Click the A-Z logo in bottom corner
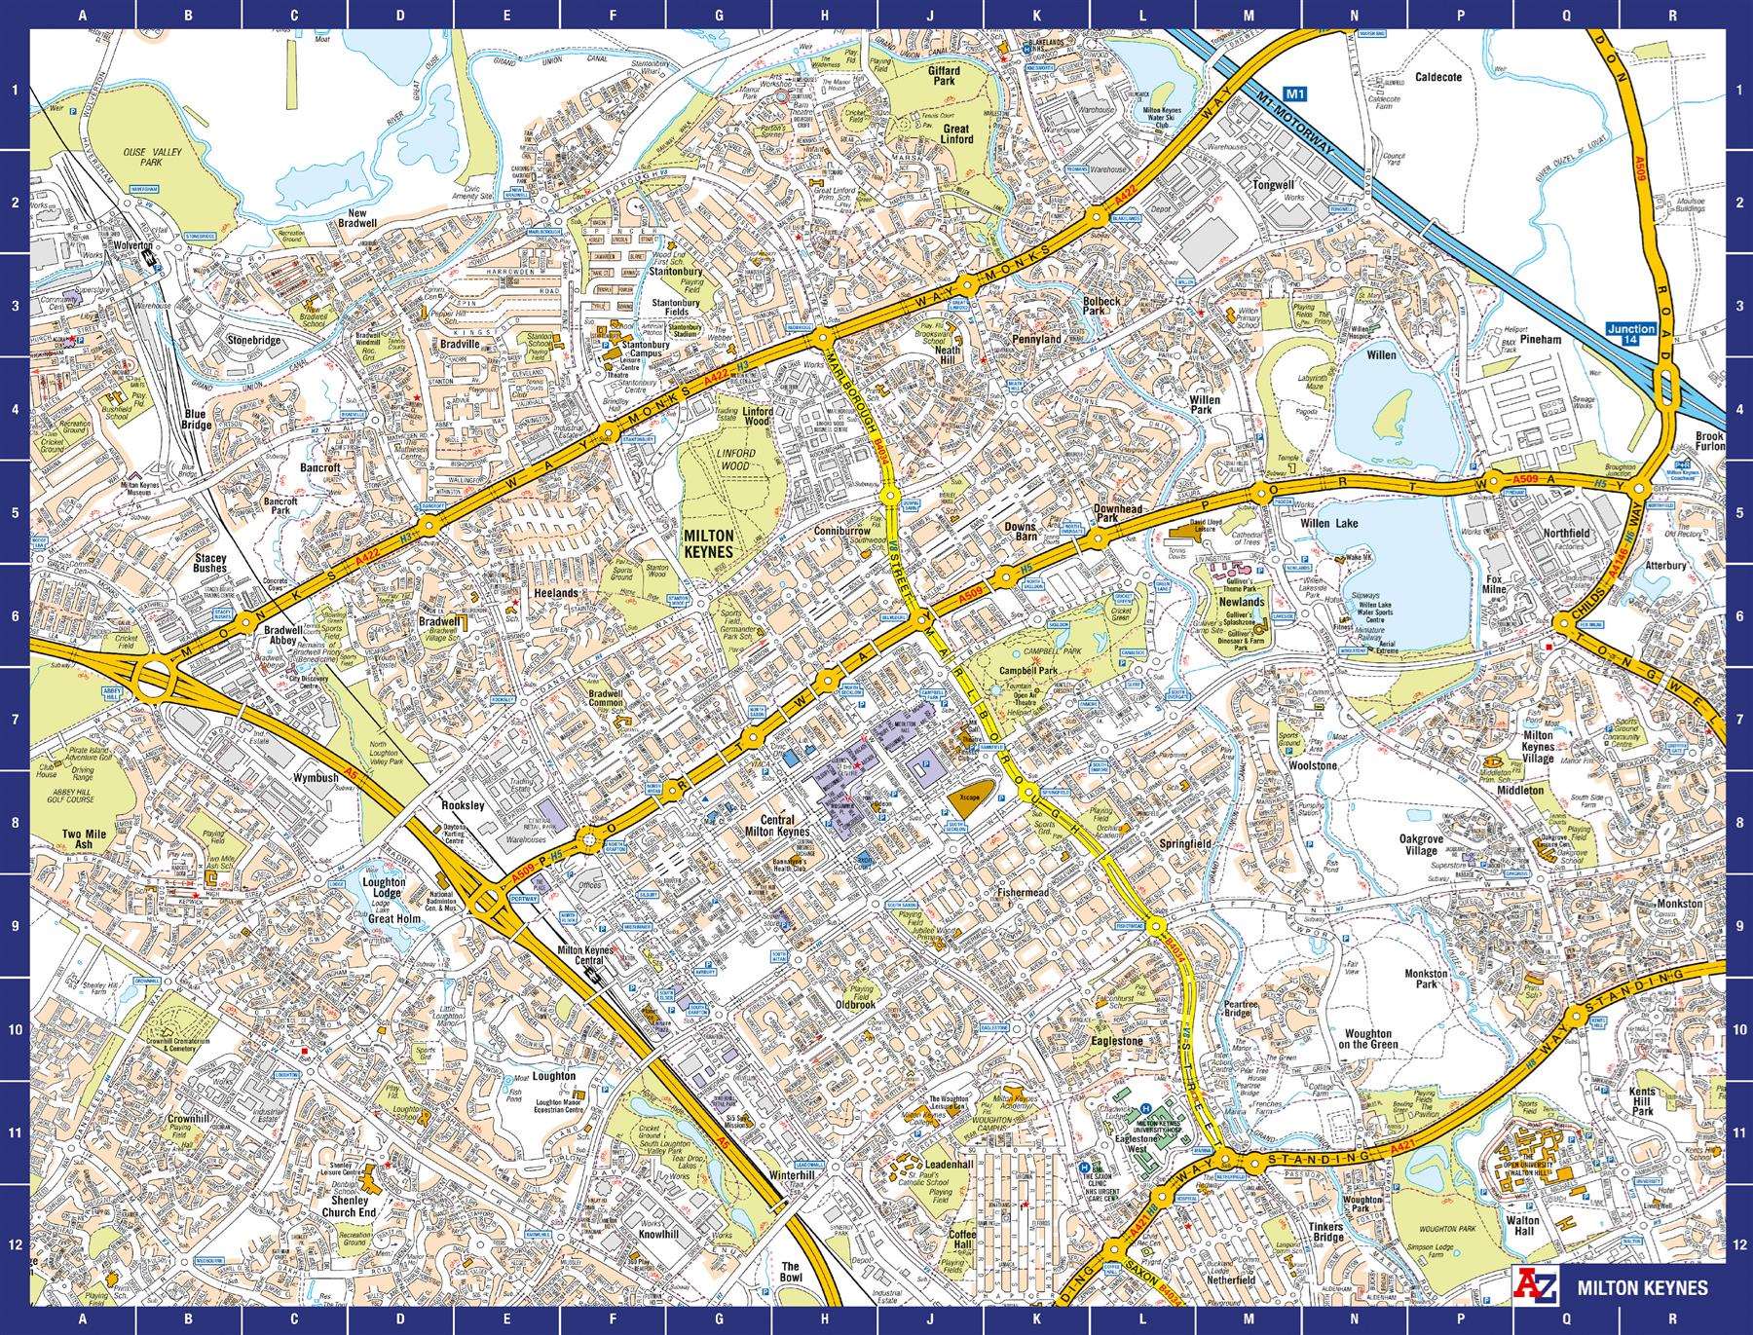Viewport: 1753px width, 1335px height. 1543,1285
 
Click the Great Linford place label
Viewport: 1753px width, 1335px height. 956,133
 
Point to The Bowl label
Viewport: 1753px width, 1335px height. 792,1273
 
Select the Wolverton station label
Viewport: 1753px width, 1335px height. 133,246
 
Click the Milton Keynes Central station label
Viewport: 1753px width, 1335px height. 582,955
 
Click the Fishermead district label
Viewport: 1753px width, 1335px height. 1023,892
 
